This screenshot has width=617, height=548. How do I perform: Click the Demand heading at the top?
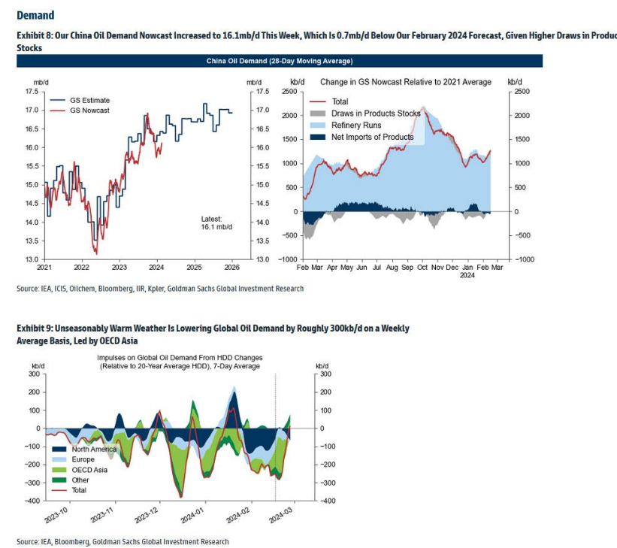[x=35, y=15]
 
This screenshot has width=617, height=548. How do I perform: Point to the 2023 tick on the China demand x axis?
[x=119, y=267]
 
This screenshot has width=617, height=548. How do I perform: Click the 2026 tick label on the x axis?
[x=231, y=267]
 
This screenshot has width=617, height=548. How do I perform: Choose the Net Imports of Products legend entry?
[x=372, y=137]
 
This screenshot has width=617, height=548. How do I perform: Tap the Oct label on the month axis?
[x=423, y=267]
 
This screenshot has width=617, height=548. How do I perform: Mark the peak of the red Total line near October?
[x=424, y=108]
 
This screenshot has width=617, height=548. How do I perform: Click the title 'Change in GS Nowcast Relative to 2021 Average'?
[x=406, y=82]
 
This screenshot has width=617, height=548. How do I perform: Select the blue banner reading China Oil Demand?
[x=280, y=61]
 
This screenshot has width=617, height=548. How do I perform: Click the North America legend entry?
[x=94, y=450]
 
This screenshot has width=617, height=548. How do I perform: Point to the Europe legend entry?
[x=83, y=459]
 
